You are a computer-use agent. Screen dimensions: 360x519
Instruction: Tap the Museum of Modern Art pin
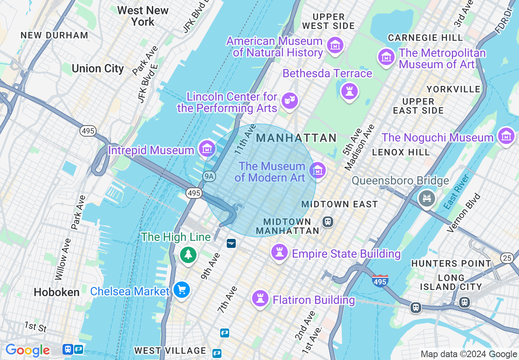pos(318,170)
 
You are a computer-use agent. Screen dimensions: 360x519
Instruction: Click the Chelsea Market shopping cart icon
pos(181,290)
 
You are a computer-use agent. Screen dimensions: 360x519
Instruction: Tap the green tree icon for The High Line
pos(188,255)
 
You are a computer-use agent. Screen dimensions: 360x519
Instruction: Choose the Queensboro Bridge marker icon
pos(427,198)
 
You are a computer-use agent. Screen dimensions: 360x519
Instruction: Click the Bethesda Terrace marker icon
pos(350,91)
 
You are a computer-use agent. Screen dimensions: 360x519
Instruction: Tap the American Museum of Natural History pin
pos(336,45)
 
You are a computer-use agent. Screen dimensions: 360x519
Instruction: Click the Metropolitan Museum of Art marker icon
pos(386,57)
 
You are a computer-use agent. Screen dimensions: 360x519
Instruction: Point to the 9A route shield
pos(209,176)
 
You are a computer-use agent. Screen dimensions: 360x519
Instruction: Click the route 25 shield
pos(507,258)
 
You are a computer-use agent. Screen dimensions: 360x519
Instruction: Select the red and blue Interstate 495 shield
pos(380,281)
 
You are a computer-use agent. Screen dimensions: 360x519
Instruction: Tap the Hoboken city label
pos(57,292)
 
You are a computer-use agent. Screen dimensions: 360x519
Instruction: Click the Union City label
pos(98,68)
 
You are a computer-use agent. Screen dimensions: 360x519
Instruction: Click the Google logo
pos(27,351)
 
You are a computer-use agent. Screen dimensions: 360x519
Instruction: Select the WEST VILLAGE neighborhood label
pos(170,351)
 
